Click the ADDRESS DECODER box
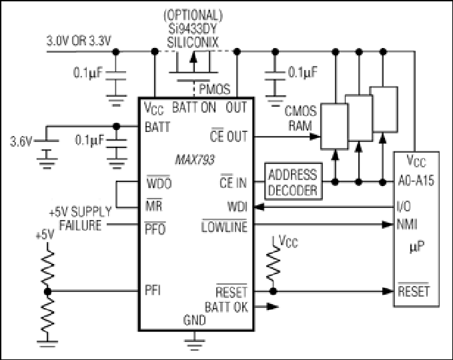294,181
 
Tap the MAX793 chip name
195,159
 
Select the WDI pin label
238,207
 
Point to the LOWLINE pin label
224,226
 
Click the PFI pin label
153,290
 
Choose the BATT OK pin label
226,307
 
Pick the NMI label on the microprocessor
407,224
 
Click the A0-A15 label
416,181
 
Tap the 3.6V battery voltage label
21,141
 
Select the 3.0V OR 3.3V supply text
79,41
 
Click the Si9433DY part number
193,29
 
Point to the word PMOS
215,89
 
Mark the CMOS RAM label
300,119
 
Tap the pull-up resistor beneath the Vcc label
273,265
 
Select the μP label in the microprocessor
417,247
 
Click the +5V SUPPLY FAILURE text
81,219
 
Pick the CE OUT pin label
229,136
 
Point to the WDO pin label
159,183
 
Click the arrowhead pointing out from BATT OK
273,307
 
